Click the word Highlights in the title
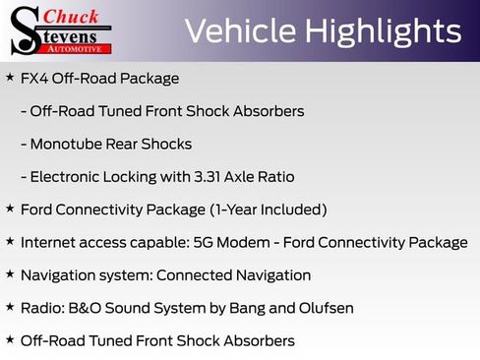click(384, 31)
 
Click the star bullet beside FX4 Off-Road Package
click(10, 78)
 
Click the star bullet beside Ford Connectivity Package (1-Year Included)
click(10, 209)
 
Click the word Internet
click(49, 242)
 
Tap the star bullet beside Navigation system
click(10, 274)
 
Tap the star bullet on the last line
click(10, 340)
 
